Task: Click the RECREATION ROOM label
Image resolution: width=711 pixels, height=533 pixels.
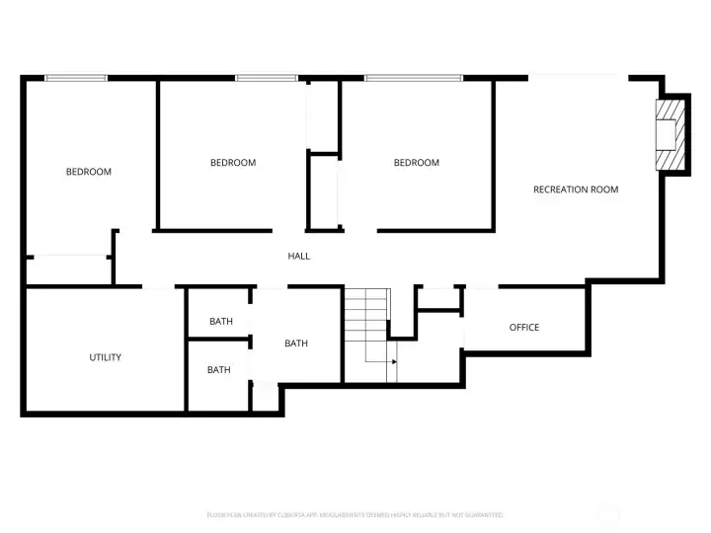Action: [576, 190]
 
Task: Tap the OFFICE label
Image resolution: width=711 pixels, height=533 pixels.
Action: [524, 328]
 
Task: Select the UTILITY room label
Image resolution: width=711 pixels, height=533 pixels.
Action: [106, 357]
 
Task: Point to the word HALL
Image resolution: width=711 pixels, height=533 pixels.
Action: [299, 257]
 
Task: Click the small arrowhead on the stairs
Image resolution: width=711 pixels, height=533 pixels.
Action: [394, 362]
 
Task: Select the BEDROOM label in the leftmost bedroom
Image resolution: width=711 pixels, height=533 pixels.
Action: [89, 172]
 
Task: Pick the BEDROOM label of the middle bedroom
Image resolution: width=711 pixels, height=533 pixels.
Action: [233, 163]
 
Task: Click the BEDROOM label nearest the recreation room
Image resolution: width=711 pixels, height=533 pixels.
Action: [417, 163]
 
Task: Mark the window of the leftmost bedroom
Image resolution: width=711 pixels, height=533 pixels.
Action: [75, 78]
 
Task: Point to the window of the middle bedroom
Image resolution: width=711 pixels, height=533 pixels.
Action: [266, 78]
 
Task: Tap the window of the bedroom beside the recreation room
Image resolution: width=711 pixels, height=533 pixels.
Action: [412, 78]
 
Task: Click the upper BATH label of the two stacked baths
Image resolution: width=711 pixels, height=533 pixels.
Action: [221, 322]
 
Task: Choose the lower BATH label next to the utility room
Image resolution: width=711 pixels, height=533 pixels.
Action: [219, 370]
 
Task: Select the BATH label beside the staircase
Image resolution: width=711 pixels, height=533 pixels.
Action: [296, 343]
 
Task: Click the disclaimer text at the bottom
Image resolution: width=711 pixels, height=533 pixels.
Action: [355, 515]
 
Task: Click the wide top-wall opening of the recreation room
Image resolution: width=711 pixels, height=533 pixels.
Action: [579, 78]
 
